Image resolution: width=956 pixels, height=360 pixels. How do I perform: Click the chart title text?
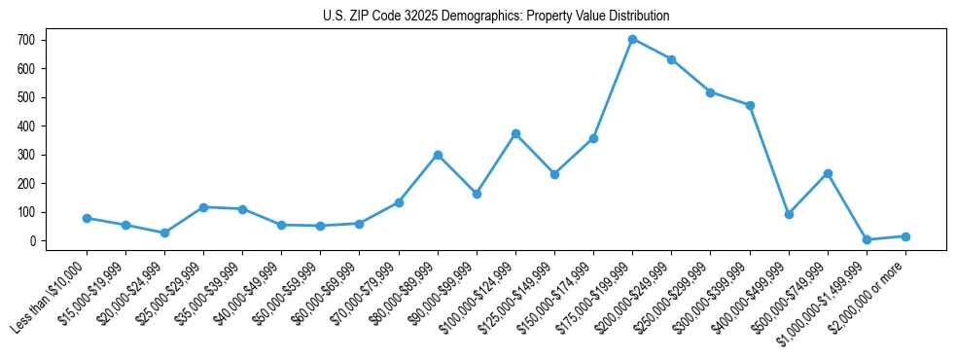pyautogui.click(x=496, y=17)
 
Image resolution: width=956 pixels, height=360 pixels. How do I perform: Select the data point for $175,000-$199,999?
pyautogui.click(x=632, y=40)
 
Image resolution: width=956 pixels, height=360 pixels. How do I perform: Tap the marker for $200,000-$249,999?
pyautogui.click(x=671, y=59)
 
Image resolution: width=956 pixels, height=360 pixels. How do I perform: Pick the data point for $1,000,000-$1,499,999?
pyautogui.click(x=867, y=239)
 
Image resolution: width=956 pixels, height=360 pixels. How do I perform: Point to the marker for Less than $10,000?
pyautogui.click(x=87, y=218)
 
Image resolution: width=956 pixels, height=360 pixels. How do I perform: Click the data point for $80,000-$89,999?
pyautogui.click(x=438, y=155)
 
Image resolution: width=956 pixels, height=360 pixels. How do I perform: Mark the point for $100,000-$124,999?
pyautogui.click(x=515, y=133)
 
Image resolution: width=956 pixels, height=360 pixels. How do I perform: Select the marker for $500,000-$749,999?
pyautogui.click(x=828, y=173)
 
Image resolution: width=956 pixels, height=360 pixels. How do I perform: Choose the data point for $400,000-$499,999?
pyautogui.click(x=789, y=214)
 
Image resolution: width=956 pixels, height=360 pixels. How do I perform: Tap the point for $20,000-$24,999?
pyautogui.click(x=164, y=233)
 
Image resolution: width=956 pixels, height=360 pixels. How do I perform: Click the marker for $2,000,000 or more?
pyautogui.click(x=905, y=236)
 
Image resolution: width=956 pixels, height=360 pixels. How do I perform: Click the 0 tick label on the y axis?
pyautogui.click(x=33, y=240)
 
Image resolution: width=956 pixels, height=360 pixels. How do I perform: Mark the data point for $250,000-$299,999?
pyautogui.click(x=710, y=92)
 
